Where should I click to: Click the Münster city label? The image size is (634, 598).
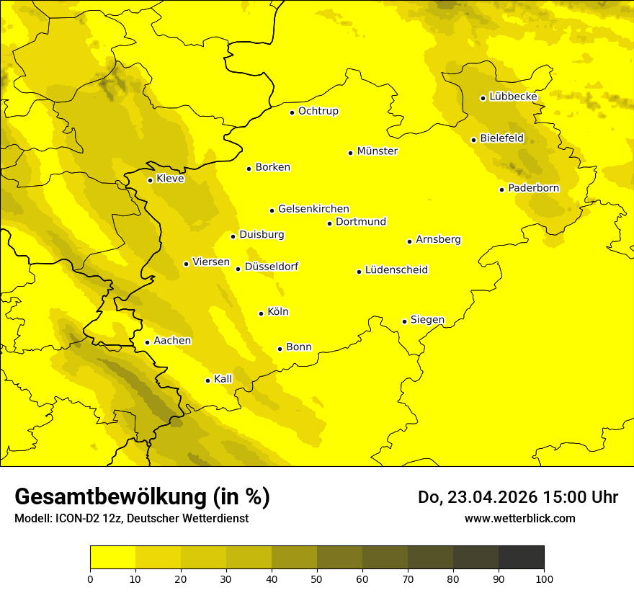[x=377, y=151]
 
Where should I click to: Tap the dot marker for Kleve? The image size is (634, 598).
[x=150, y=180]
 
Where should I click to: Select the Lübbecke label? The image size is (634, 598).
[x=513, y=97]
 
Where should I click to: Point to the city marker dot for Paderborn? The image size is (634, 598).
[x=501, y=189]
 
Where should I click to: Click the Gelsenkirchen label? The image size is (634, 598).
[x=313, y=209]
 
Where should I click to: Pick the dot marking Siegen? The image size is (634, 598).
[x=404, y=321]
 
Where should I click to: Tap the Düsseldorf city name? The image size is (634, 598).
[x=271, y=267]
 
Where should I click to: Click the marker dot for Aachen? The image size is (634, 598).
[x=147, y=342]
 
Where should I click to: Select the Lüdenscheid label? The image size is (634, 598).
[x=396, y=270]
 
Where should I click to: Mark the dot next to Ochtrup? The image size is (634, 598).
[x=292, y=112]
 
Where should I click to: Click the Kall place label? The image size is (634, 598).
[x=223, y=379]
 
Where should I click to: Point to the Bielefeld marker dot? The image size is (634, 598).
[x=473, y=140]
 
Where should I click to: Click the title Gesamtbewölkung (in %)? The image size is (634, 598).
[x=142, y=497]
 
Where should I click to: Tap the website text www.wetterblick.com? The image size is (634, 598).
[x=519, y=518]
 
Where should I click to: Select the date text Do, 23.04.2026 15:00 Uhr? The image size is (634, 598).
[x=517, y=497]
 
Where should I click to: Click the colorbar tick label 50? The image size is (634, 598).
[x=317, y=579]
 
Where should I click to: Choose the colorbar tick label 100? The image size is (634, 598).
[x=544, y=579]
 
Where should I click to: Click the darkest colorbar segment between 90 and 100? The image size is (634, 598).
[x=521, y=557]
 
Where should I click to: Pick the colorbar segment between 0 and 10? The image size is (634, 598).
[x=112, y=557]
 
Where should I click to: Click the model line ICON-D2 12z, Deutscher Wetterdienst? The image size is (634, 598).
[x=131, y=519]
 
